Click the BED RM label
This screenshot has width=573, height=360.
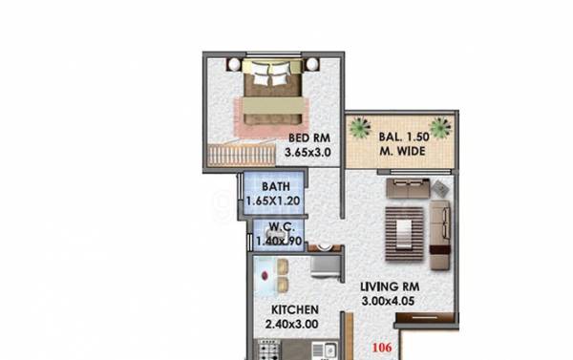tap(308, 138)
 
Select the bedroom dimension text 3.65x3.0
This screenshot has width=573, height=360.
tap(308, 151)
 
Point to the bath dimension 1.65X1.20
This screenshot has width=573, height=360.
tap(274, 202)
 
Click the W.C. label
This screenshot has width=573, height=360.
tap(279, 227)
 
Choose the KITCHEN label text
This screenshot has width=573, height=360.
tap(294, 310)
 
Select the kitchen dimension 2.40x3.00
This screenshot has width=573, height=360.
tap(294, 325)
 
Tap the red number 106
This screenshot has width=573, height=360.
tap(381, 348)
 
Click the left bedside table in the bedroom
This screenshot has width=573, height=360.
tap(232, 63)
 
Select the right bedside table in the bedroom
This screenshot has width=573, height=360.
tap(312, 63)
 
